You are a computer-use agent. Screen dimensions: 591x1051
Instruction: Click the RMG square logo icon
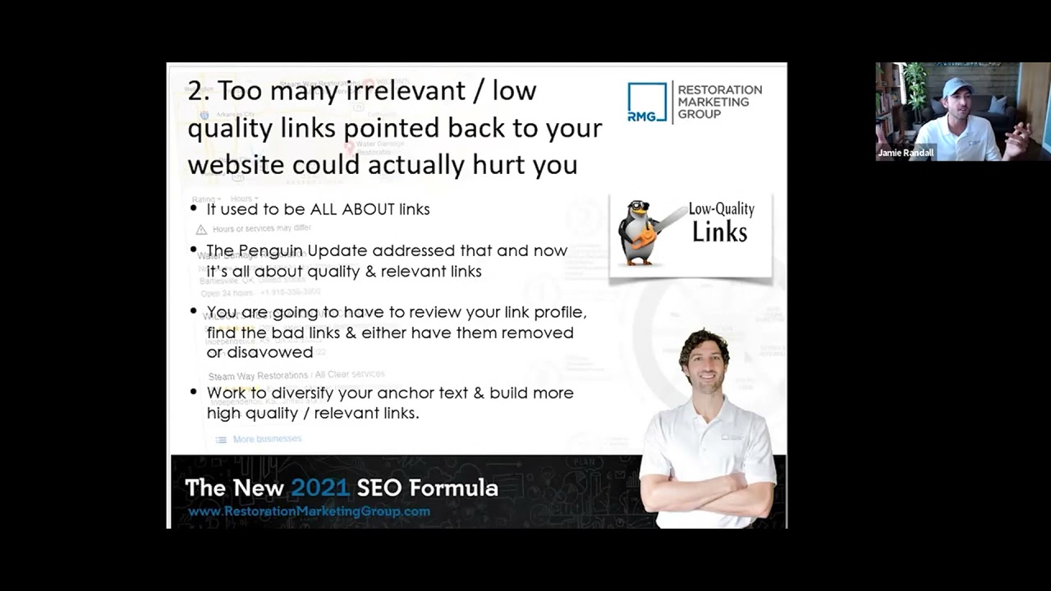pos(647,102)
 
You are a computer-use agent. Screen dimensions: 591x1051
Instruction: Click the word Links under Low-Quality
pos(719,231)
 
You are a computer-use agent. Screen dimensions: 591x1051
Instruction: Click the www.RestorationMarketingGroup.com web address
pos(309,511)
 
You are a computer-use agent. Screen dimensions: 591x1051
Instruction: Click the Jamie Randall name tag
pos(906,153)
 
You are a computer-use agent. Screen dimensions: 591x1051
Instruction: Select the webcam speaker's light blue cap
pos(957,86)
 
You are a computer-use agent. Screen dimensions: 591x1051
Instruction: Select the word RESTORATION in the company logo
pos(719,89)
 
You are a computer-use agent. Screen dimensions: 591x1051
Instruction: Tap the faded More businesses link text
pos(267,439)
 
